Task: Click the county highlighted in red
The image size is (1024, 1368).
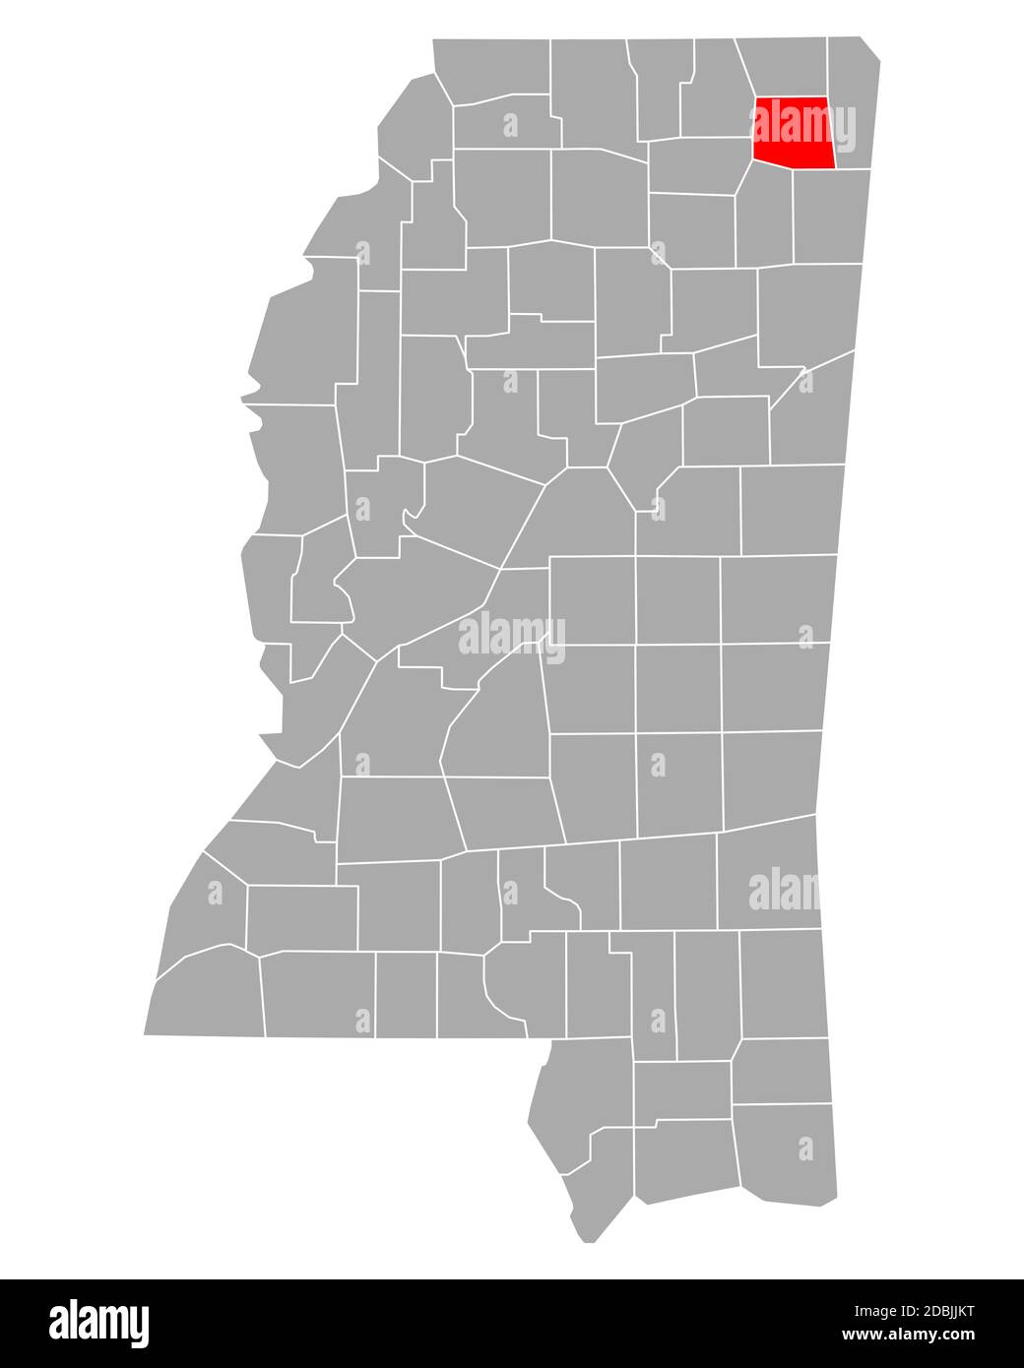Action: click(794, 132)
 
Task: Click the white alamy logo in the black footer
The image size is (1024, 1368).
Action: click(99, 1322)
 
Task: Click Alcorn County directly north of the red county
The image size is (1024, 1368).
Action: click(783, 66)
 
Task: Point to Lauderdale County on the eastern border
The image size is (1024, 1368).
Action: click(774, 688)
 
